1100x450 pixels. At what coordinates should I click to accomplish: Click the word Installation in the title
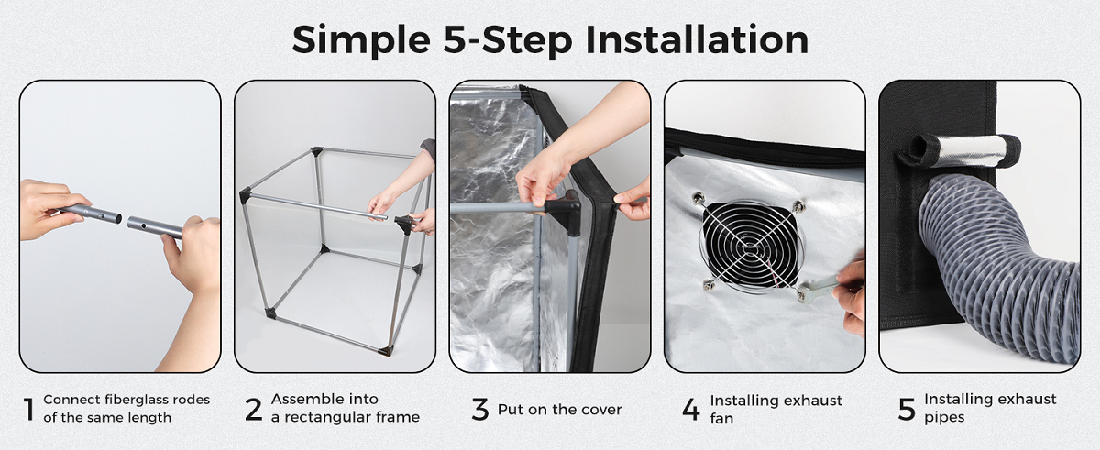tap(697, 39)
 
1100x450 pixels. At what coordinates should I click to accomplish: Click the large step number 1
tap(29, 410)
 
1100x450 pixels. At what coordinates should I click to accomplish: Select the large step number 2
tap(254, 410)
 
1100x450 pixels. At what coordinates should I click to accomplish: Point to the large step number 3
tap(479, 410)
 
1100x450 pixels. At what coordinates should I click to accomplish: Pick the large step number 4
tap(691, 410)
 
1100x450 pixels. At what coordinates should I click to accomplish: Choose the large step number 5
tap(907, 410)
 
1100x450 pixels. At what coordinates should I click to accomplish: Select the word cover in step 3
tap(602, 410)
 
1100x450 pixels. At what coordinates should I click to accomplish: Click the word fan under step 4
tap(721, 419)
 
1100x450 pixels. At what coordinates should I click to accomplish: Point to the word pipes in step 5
tap(944, 418)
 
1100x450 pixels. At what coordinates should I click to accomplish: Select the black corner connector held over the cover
tap(565, 212)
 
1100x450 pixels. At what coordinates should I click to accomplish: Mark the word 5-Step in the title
tap(508, 39)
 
